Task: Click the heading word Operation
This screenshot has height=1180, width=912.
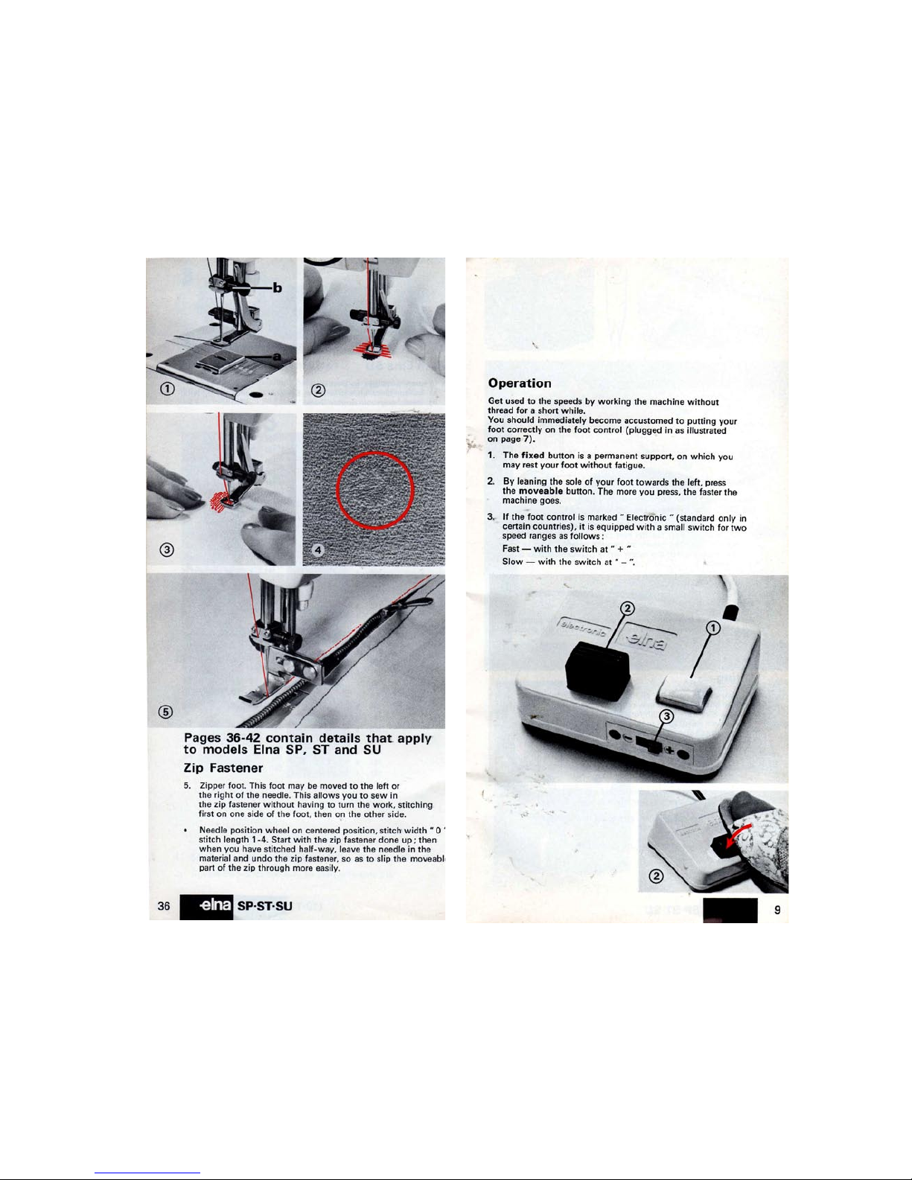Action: click(520, 383)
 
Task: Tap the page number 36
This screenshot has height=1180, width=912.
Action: click(163, 906)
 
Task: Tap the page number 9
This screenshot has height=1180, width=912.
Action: click(777, 910)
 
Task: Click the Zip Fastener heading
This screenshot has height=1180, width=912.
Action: click(223, 768)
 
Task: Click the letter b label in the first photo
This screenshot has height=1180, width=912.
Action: click(277, 287)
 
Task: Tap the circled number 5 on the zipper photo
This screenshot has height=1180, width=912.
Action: click(166, 712)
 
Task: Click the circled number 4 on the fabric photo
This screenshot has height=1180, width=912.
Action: click(319, 550)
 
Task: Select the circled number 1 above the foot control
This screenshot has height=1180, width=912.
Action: click(712, 628)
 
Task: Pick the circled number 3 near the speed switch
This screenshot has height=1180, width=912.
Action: click(666, 717)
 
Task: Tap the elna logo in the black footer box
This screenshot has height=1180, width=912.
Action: click(215, 905)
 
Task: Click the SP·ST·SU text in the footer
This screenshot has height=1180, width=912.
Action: click(265, 906)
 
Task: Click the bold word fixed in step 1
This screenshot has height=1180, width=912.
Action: click(532, 456)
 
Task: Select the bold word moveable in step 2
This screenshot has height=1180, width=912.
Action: click(540, 491)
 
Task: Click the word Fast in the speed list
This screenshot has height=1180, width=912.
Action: click(511, 549)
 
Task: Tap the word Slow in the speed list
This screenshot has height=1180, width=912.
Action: click(512, 561)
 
